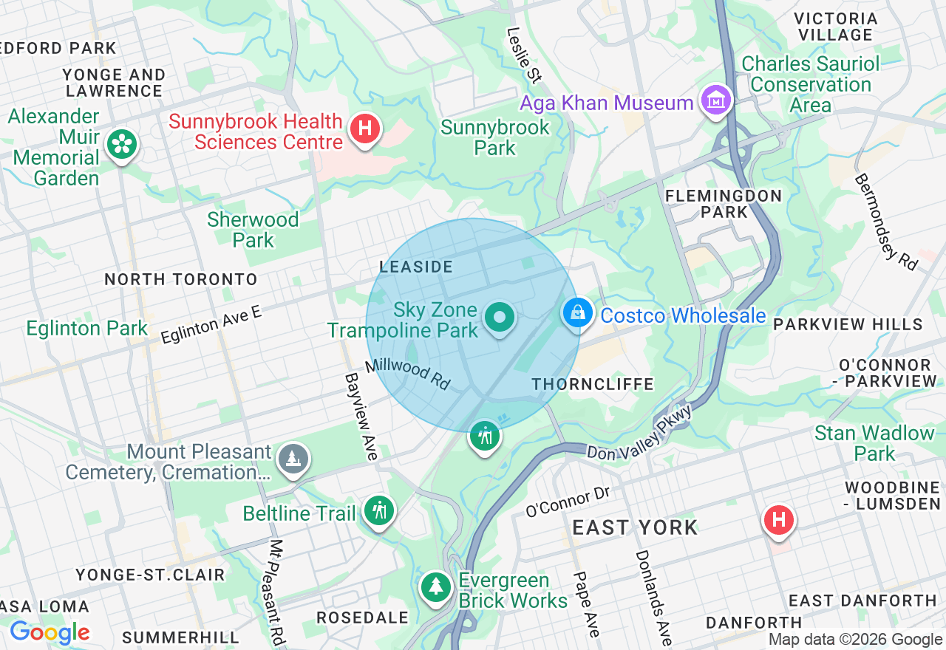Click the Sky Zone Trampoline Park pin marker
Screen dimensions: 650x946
pyautogui.click(x=500, y=318)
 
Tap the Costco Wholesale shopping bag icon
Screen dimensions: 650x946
pyautogui.click(x=578, y=313)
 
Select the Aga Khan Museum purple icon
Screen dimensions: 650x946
pyautogui.click(x=716, y=101)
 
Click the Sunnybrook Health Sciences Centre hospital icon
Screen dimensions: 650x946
pyautogui.click(x=364, y=129)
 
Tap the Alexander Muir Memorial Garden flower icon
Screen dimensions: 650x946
pyautogui.click(x=122, y=144)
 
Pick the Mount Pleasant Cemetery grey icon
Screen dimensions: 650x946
pyautogui.click(x=293, y=459)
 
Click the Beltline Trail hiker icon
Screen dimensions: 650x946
pyautogui.click(x=380, y=510)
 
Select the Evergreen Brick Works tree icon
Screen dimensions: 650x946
pyautogui.click(x=436, y=587)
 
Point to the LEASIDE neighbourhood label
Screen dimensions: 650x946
pyautogui.click(x=415, y=266)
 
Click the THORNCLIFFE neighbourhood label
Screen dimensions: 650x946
pyautogui.click(x=593, y=384)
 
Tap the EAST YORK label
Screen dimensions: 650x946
pyautogui.click(x=635, y=527)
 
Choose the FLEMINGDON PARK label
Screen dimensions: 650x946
pyautogui.click(x=723, y=204)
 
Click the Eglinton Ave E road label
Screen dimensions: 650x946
pyautogui.click(x=211, y=324)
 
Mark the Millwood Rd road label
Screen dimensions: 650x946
pyautogui.click(x=407, y=374)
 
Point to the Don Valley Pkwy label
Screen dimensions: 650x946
pyautogui.click(x=640, y=434)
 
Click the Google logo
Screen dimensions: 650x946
pyautogui.click(x=50, y=632)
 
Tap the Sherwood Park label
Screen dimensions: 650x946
pyautogui.click(x=253, y=230)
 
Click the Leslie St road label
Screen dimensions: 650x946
pyautogui.click(x=524, y=55)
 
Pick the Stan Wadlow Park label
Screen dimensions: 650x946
pyautogui.click(x=874, y=443)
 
